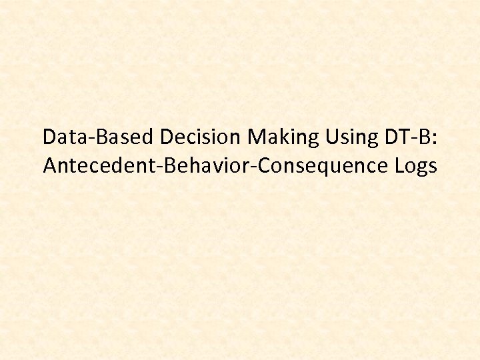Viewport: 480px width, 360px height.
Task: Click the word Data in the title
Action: tap(61, 137)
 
